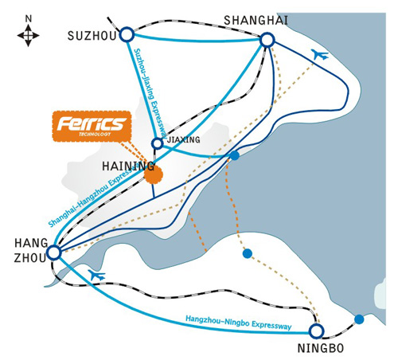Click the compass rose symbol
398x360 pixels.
pyautogui.click(x=28, y=35)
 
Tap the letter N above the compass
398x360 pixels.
pyautogui.click(x=29, y=19)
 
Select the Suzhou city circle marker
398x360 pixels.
pyautogui.click(x=127, y=34)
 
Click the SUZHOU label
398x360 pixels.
pyautogui.click(x=92, y=36)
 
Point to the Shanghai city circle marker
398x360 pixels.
pyautogui.click(x=267, y=41)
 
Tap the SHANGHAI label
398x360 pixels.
pyautogui.click(x=256, y=21)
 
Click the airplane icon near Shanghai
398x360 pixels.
pyautogui.click(x=320, y=54)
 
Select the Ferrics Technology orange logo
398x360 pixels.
pyautogui.click(x=92, y=126)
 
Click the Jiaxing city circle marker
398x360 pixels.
pyautogui.click(x=158, y=143)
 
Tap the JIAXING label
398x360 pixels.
pyautogui.click(x=183, y=139)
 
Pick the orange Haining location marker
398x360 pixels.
pyautogui.click(x=154, y=174)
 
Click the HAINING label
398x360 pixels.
pyautogui.click(x=128, y=166)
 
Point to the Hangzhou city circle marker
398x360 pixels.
pyautogui.click(x=54, y=252)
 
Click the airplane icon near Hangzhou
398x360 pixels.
pyautogui.click(x=97, y=275)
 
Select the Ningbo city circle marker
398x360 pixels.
pyautogui.click(x=316, y=331)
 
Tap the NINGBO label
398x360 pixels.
pyautogui.click(x=321, y=348)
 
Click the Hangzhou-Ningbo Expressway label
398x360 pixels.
pyautogui.click(x=238, y=322)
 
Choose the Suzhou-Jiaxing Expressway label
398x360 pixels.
pyautogui.click(x=150, y=93)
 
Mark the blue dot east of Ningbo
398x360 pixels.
pyautogui.click(x=359, y=319)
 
